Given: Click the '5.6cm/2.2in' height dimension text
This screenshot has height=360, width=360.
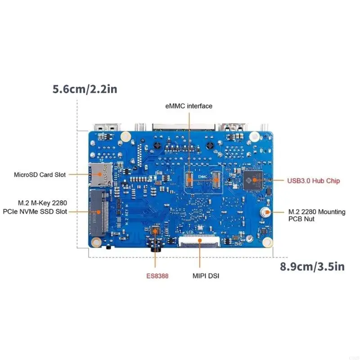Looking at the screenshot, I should pyautogui.click(x=85, y=89).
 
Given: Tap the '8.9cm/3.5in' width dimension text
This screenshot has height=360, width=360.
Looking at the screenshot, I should pyautogui.click(x=312, y=266).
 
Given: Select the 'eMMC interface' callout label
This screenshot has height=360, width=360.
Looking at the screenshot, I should pyautogui.click(x=189, y=106).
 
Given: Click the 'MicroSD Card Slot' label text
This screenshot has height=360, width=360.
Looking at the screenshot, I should pyautogui.click(x=40, y=175).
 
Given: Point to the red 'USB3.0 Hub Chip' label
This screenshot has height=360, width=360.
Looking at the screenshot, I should pyautogui.click(x=314, y=181).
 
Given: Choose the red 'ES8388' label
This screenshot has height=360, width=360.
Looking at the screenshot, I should pyautogui.click(x=157, y=276).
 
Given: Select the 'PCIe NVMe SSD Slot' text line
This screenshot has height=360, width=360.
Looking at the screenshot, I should pyautogui.click(x=35, y=211).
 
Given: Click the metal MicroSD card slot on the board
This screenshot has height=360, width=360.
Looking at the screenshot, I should pyautogui.click(x=101, y=174).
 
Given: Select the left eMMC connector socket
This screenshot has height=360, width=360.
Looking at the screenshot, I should pyautogui.click(x=189, y=179).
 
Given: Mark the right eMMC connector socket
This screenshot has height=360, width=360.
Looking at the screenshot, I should pyautogui.click(x=216, y=179).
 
